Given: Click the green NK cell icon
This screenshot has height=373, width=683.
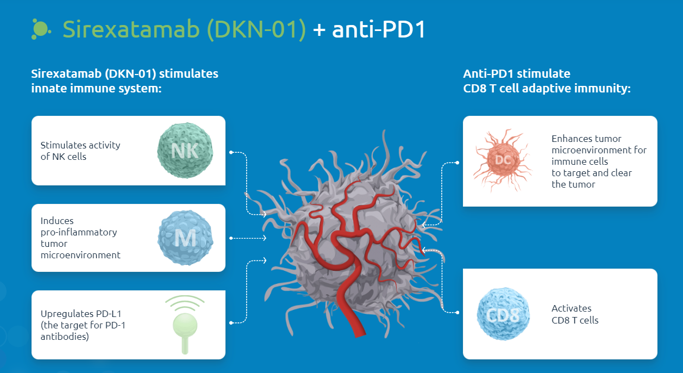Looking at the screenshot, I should click(x=185, y=150).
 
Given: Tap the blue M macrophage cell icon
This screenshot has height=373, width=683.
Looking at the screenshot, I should click(x=185, y=238).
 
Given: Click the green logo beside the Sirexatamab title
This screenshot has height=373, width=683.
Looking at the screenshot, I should click(x=41, y=29).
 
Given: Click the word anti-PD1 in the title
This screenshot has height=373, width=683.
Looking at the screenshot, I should click(x=379, y=30).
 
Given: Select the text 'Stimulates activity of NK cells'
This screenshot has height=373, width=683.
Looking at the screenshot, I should click(x=80, y=151).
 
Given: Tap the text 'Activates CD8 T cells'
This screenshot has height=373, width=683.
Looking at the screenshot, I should click(x=575, y=314).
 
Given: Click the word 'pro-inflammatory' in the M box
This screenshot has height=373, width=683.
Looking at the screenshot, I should click(x=78, y=232).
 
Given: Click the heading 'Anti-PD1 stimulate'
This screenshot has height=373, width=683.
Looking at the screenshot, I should click(x=516, y=73).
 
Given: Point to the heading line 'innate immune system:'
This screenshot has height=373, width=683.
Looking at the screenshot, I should click(x=96, y=88).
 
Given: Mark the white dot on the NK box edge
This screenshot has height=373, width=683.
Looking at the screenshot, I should click(x=231, y=153).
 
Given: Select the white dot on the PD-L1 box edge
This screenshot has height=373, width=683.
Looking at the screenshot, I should click(x=231, y=323).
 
